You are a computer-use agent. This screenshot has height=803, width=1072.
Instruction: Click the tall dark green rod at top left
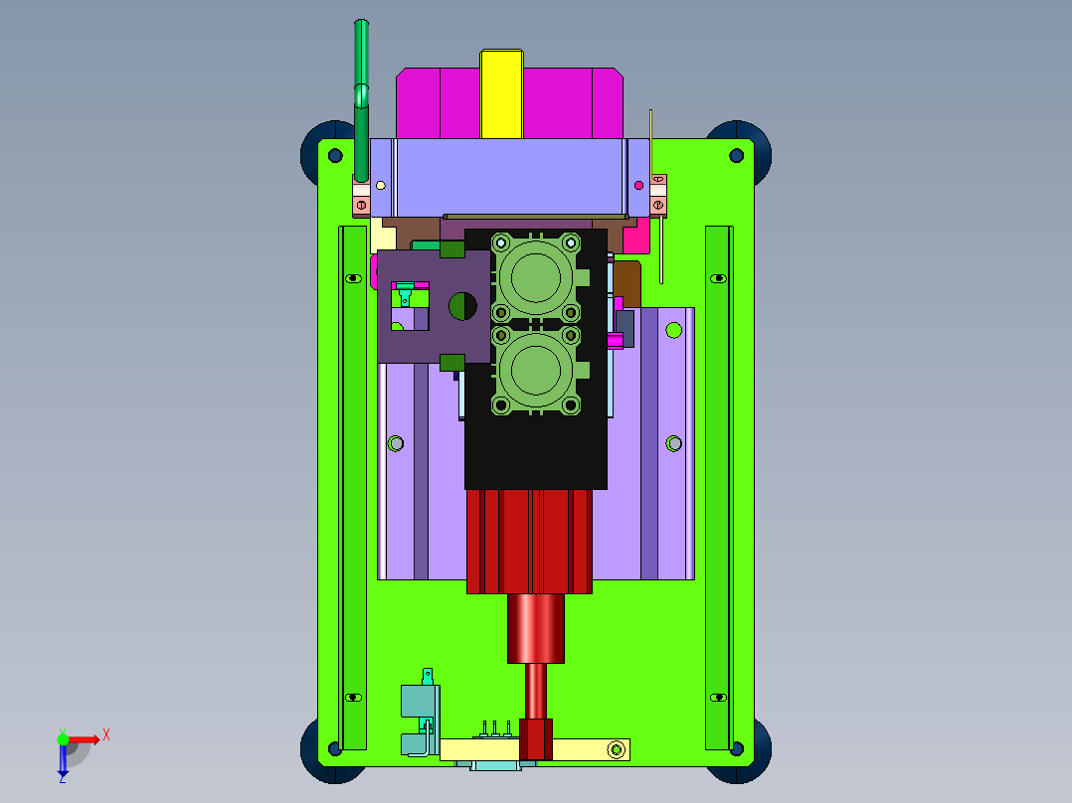point(361,101)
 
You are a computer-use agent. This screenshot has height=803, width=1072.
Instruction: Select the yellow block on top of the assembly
point(502,93)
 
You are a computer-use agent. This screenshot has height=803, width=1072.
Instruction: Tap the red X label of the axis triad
point(106,735)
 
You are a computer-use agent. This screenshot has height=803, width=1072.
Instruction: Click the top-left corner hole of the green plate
point(335,156)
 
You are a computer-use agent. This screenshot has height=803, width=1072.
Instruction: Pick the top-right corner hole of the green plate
point(736,156)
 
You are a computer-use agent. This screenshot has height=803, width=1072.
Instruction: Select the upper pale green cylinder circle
point(535,278)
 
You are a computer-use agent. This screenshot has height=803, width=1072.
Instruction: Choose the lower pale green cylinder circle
point(535,371)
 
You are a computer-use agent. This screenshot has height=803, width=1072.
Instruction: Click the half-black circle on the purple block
point(462,306)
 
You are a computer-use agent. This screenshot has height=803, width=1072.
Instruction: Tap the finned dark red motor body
point(529,542)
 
